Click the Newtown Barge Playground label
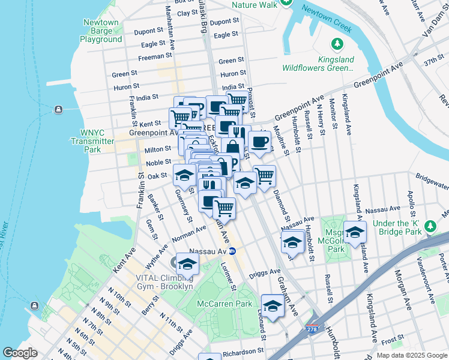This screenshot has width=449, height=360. [101, 31]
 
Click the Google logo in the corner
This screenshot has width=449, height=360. [20, 353]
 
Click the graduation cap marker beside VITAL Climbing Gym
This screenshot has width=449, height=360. [187, 264]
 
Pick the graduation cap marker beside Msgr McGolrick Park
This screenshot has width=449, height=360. [355, 232]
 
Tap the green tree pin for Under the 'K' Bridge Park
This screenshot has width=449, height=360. [429, 226]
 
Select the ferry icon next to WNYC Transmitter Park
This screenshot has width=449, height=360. [58, 109]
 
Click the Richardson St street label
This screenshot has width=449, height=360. [243, 353]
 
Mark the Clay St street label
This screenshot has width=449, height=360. [187, 13]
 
